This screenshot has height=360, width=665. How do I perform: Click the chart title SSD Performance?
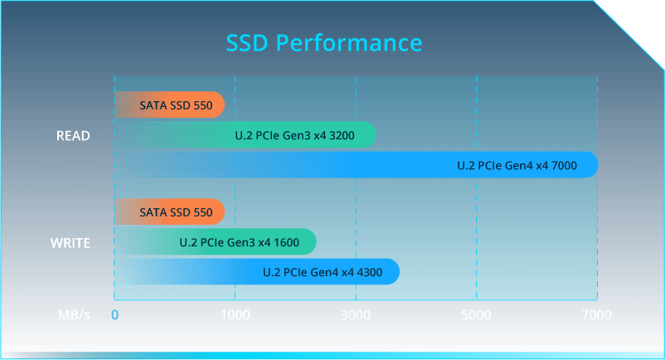click(x=324, y=43)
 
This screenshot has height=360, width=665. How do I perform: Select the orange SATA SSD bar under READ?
click(x=170, y=105)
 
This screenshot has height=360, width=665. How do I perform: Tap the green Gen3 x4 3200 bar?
click(x=245, y=134)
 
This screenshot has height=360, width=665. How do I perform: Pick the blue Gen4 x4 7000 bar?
click(x=357, y=164)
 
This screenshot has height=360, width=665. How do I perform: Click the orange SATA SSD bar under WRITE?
click(x=170, y=212)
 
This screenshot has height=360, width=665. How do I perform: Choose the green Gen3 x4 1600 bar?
click(x=216, y=241)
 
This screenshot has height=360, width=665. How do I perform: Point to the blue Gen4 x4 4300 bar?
click(x=257, y=272)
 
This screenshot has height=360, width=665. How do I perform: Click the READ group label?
click(x=73, y=136)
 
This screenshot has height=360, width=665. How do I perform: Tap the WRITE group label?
click(x=70, y=243)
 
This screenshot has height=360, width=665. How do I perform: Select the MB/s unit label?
click(x=75, y=314)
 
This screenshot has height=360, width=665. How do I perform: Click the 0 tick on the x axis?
click(x=114, y=314)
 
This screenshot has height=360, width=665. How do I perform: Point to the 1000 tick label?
click(x=235, y=314)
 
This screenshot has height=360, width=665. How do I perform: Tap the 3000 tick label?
click(x=356, y=314)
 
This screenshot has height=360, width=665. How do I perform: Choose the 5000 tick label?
click(x=476, y=314)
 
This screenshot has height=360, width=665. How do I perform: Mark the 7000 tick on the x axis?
click(x=597, y=314)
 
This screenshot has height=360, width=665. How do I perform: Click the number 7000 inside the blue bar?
click(x=564, y=165)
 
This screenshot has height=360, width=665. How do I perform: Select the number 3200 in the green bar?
click(x=342, y=136)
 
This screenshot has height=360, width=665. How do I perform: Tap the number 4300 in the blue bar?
click(x=369, y=272)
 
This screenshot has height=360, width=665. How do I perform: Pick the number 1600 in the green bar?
click(x=286, y=242)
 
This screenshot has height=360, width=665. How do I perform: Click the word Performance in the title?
click(x=349, y=43)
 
